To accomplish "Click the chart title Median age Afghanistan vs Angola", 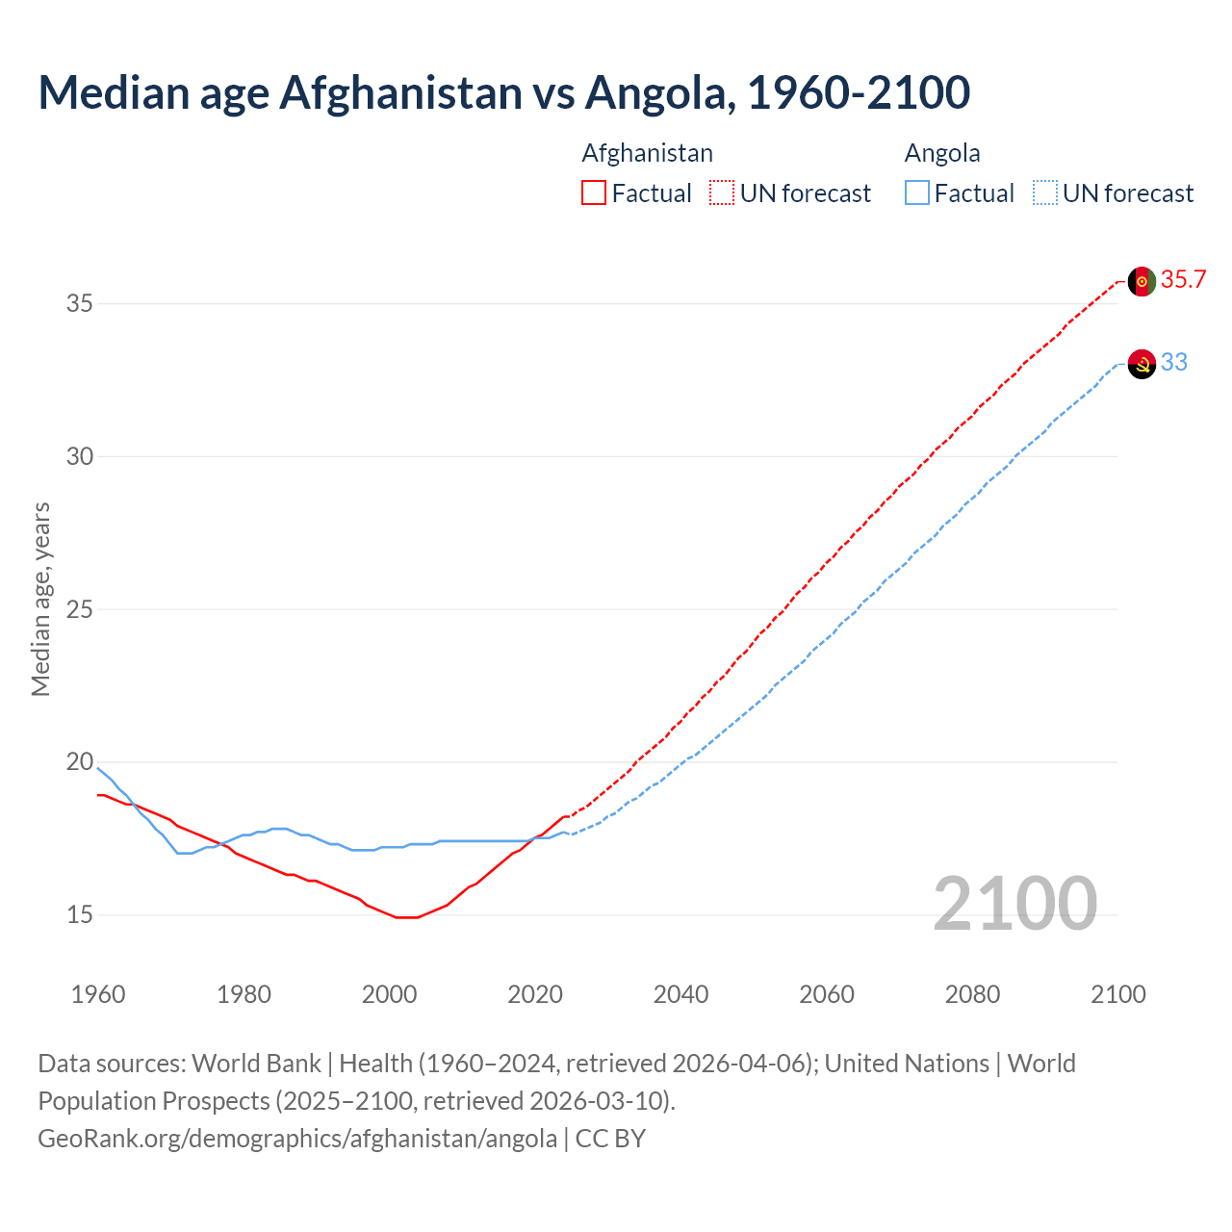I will [x=503, y=92].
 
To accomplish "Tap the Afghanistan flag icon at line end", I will [x=1142, y=281].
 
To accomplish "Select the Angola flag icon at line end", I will [x=1142, y=364].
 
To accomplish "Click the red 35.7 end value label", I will [x=1183, y=280].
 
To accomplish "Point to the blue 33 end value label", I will [x=1174, y=363].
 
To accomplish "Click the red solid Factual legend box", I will [x=594, y=192].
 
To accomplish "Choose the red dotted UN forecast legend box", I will [x=722, y=192].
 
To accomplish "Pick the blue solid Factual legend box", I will [x=917, y=192].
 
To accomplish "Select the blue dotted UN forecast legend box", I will [x=1045, y=192].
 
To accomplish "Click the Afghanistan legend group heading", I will [x=647, y=153].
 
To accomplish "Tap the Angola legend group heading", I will [x=942, y=153].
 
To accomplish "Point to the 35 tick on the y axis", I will [x=79, y=304].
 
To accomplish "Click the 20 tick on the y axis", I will [x=79, y=762].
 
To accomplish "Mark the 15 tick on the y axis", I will [x=79, y=915].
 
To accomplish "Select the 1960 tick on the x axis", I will [x=98, y=994].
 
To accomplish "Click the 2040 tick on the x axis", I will [x=680, y=994].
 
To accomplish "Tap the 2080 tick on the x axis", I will [x=972, y=994].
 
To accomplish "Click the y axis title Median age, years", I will [x=40, y=599].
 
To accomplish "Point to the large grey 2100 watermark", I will [x=1014, y=903].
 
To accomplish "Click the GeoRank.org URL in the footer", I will [x=297, y=1139].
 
